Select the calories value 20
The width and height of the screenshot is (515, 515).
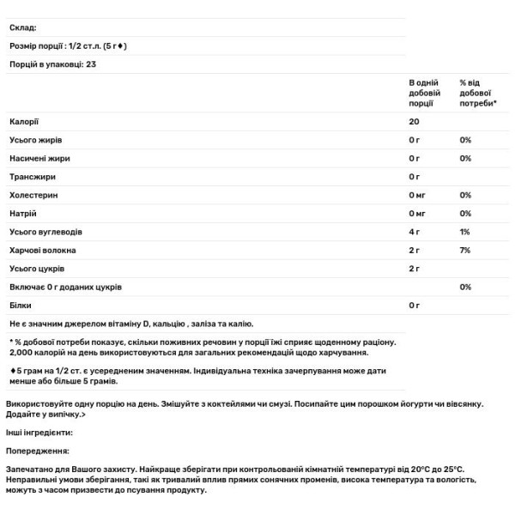[415, 121]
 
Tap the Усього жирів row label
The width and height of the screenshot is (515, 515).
[35, 140]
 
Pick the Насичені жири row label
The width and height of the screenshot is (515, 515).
[39, 159]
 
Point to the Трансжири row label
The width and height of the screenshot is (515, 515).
[33, 177]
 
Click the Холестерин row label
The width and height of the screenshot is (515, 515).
[34, 195]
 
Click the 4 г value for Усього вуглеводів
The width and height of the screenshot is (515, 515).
[415, 232]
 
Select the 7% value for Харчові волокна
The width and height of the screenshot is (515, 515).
[466, 250]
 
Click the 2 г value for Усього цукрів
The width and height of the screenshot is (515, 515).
[415, 269]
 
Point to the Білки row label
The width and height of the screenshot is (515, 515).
[21, 305]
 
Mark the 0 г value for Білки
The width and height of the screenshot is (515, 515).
[415, 305]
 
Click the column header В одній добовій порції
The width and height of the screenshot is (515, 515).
[425, 91]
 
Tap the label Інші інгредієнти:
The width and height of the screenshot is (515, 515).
[39, 433]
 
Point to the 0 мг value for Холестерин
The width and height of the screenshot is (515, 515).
[418, 195]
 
